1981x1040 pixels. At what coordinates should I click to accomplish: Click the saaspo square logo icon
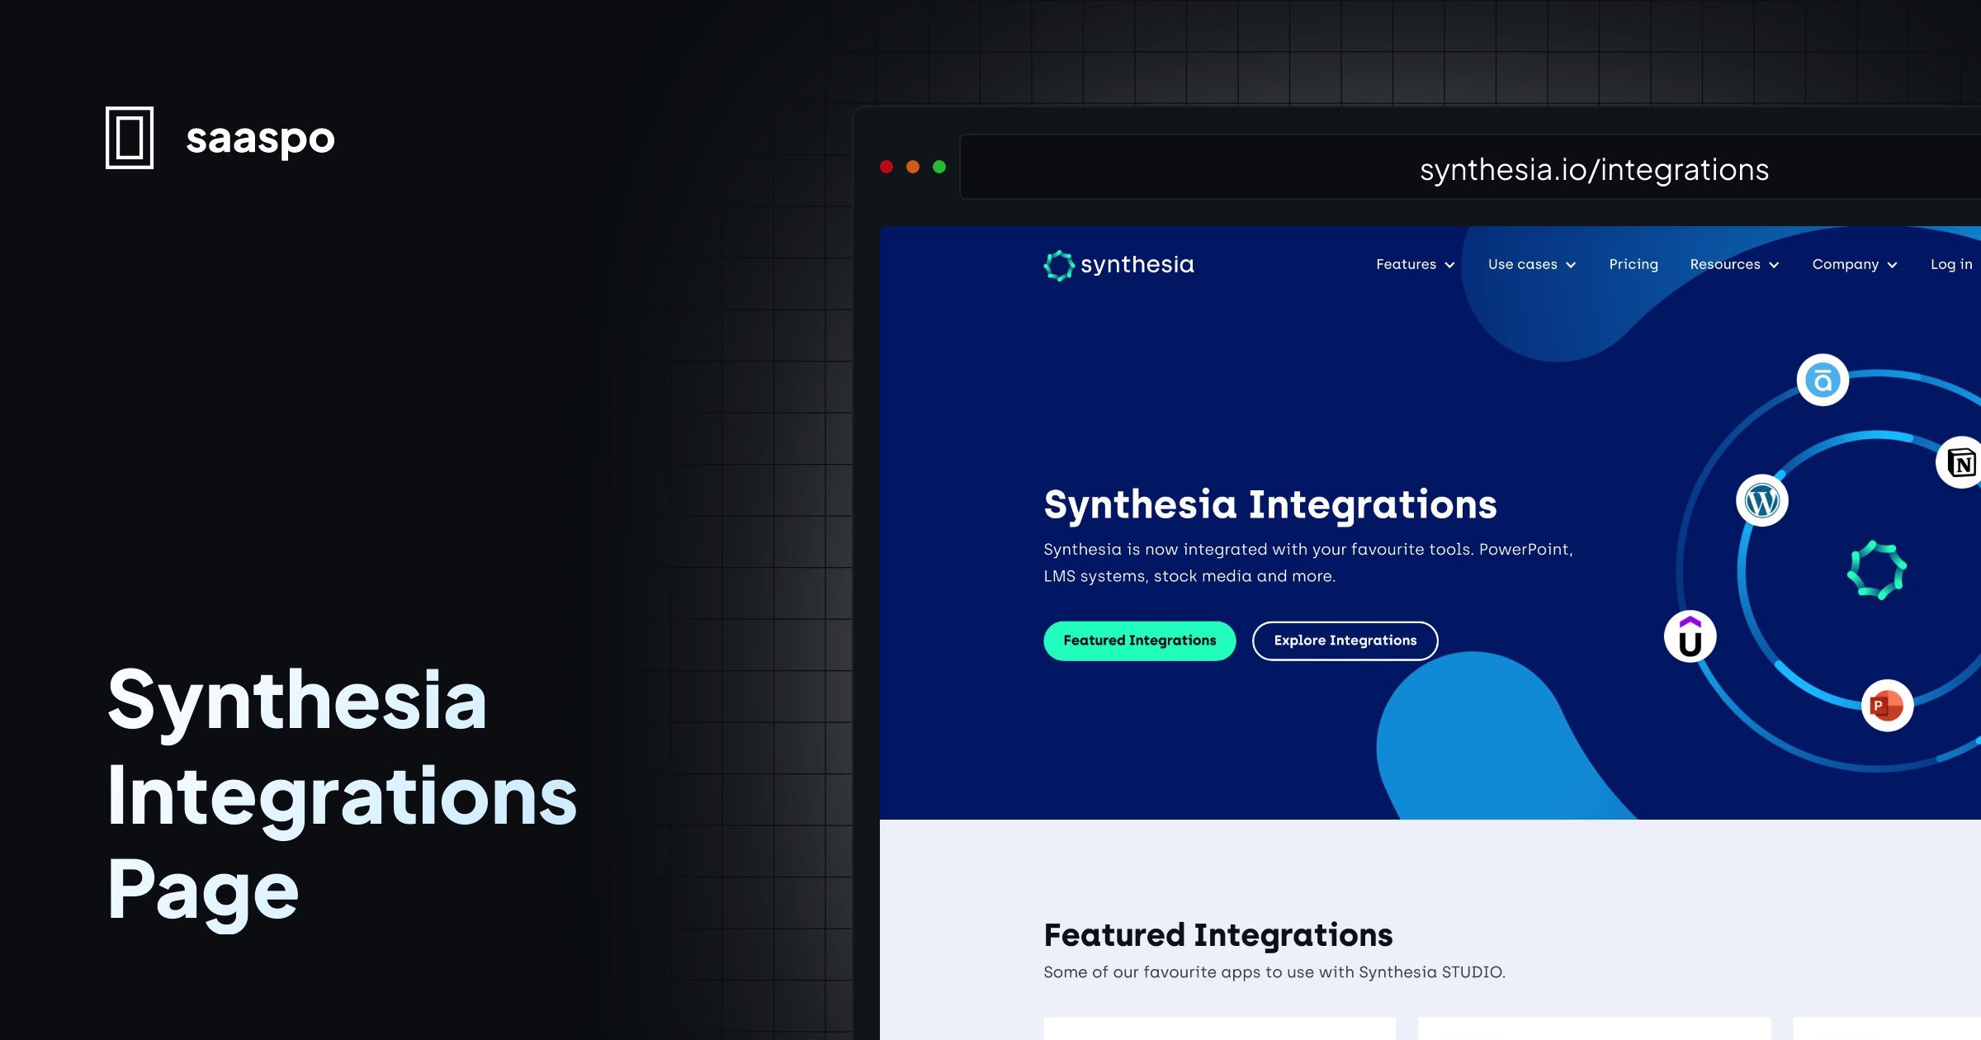pyautogui.click(x=130, y=138)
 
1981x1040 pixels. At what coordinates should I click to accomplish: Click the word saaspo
pyautogui.click(x=260, y=138)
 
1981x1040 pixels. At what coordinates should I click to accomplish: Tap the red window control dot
pyautogui.click(x=886, y=167)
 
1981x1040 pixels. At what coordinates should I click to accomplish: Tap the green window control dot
pyautogui.click(x=939, y=167)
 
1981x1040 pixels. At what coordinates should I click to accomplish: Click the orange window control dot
pyautogui.click(x=913, y=167)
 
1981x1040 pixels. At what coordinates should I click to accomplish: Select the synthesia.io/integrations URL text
pyautogui.click(x=1594, y=169)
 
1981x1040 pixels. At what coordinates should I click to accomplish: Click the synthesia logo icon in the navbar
pyautogui.click(x=1059, y=265)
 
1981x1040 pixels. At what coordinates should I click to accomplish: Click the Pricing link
pyautogui.click(x=1633, y=264)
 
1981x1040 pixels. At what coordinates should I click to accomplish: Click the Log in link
pyautogui.click(x=1950, y=264)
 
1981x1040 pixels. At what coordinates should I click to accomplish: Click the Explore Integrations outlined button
pyautogui.click(x=1345, y=641)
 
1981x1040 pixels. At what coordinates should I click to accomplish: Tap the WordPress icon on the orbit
pyautogui.click(x=1762, y=501)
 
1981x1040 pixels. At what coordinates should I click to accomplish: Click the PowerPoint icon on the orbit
pyautogui.click(x=1887, y=706)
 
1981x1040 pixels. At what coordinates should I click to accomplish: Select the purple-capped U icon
pyautogui.click(x=1690, y=637)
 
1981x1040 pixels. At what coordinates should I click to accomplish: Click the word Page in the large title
pyautogui.click(x=203, y=891)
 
